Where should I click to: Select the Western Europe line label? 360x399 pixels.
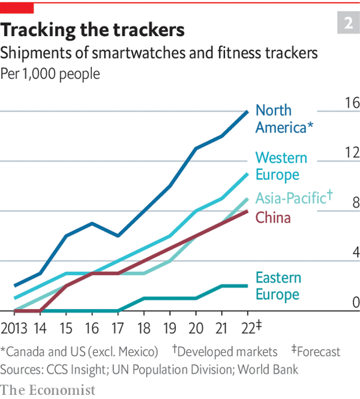[281, 166]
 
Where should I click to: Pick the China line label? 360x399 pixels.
[273, 217]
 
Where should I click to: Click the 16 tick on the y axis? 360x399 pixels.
[351, 103]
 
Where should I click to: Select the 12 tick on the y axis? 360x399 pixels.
[351, 152]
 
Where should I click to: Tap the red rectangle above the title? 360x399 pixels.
[17, 7]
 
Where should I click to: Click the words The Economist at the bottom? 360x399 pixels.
[48, 390]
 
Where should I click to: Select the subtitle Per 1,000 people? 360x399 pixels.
[50, 74]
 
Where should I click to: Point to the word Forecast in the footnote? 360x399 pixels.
[319, 352]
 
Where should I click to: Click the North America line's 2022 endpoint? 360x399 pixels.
[248, 111]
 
